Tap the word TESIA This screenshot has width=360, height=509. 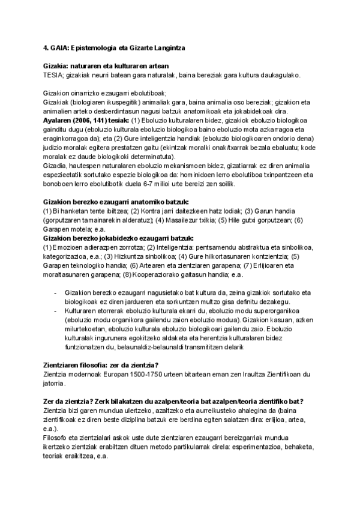tap(53, 75)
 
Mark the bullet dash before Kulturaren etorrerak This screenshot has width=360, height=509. tap(55, 311)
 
